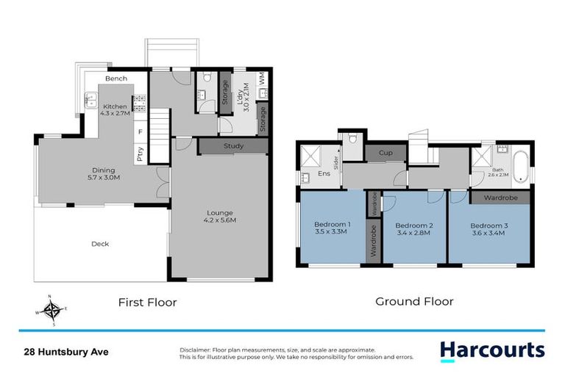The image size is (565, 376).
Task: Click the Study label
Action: coord(233,146)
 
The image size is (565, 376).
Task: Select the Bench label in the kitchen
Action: coord(116,79)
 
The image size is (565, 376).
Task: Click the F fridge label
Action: coord(139,131)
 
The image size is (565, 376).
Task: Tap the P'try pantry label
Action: coord(139,153)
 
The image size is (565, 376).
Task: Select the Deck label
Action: coord(100,244)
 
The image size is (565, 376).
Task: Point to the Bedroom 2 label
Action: coord(412,228)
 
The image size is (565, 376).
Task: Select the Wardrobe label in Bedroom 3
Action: coord(500,197)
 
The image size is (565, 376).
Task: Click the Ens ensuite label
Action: coord(323,174)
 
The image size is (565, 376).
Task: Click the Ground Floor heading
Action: coord(414,301)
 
